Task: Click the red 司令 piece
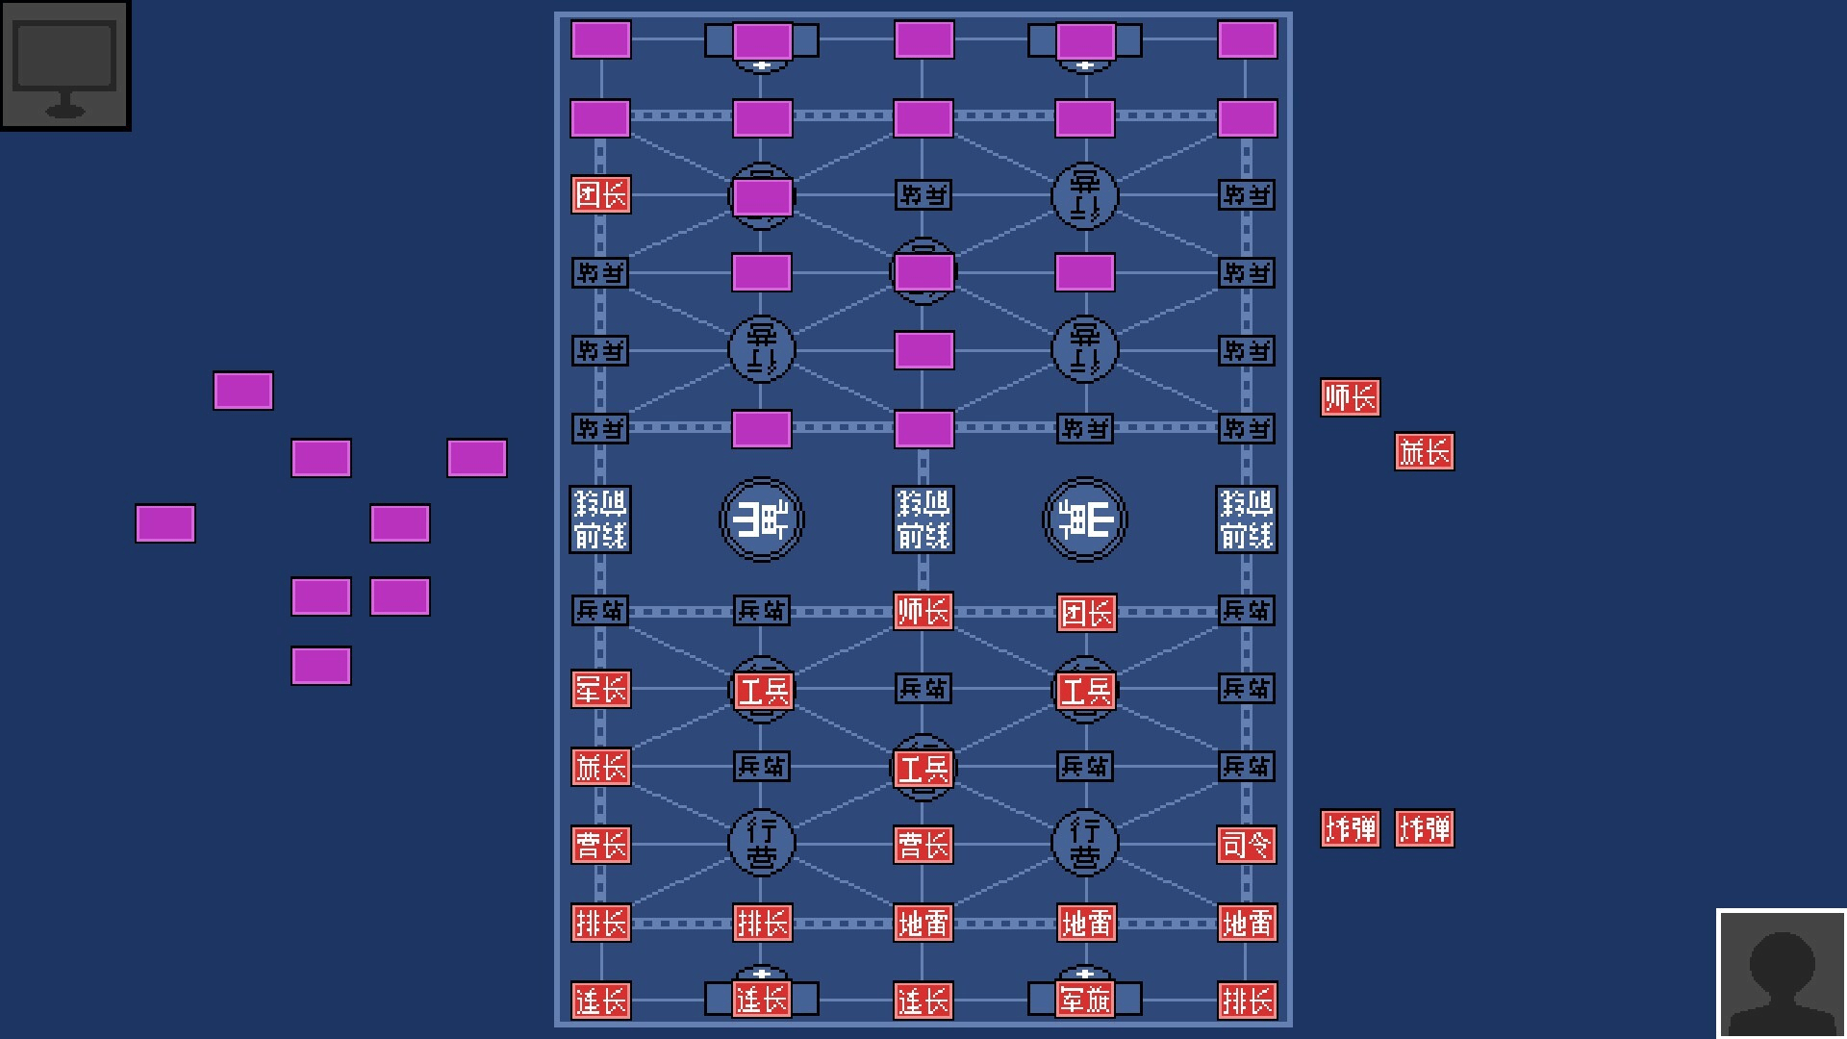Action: pos(1247,845)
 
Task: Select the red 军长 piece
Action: pos(600,689)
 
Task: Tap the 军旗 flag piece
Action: pos(1085,1000)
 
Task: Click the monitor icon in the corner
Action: pos(65,65)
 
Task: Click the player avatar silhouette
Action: pos(1782,974)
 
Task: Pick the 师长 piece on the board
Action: pos(923,611)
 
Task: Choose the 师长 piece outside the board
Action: pos(1351,397)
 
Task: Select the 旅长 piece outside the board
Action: pos(1425,451)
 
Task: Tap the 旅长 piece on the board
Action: pos(600,767)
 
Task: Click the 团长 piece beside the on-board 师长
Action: pos(1087,613)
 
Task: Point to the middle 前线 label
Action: pos(923,519)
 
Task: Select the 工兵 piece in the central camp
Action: pos(923,768)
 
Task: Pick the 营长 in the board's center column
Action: pos(923,845)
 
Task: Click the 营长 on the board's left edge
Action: pos(600,845)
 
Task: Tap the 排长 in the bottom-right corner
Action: pos(1247,1001)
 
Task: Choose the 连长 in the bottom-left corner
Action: pos(600,1001)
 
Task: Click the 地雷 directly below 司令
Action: pos(1247,923)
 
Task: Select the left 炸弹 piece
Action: pos(1351,828)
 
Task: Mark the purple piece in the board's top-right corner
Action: pos(1247,40)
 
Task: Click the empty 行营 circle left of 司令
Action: pos(1085,843)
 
